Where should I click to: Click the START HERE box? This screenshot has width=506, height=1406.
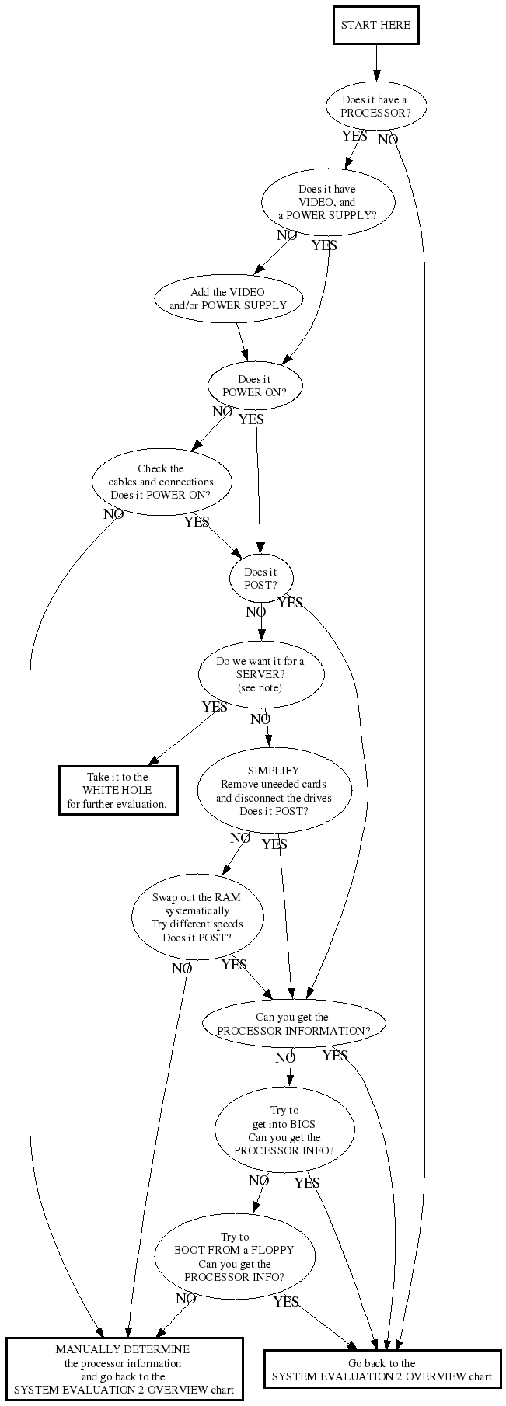pos(375,25)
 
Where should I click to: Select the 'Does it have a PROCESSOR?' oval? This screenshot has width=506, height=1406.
pos(375,106)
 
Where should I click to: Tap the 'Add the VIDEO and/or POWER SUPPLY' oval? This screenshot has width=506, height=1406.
pos(228,299)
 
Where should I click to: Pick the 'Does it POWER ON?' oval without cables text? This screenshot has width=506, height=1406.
pos(254,386)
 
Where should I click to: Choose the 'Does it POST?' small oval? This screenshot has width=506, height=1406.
pos(260,579)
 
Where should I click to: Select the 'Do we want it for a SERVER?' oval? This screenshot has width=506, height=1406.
pos(260,674)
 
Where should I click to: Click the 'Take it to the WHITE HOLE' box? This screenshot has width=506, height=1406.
pos(118,790)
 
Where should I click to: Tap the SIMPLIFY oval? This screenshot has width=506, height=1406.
pos(274,791)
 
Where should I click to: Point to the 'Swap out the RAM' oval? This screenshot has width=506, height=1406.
pos(197,917)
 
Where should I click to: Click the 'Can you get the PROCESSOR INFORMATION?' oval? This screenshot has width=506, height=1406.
pos(293,1024)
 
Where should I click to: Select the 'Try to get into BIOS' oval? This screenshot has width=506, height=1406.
pos(284,1130)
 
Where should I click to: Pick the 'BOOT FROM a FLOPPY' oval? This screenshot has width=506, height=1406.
pos(235,1257)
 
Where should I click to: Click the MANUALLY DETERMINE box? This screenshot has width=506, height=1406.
pos(124,1369)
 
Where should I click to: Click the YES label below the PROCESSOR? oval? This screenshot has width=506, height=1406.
pos(354,136)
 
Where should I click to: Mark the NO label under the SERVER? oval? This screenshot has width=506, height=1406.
pos(260,720)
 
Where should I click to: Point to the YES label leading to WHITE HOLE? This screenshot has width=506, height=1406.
pos(215,708)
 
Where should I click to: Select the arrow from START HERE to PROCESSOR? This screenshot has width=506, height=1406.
pos(376,62)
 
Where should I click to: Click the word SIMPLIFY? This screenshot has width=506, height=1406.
pos(274,771)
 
